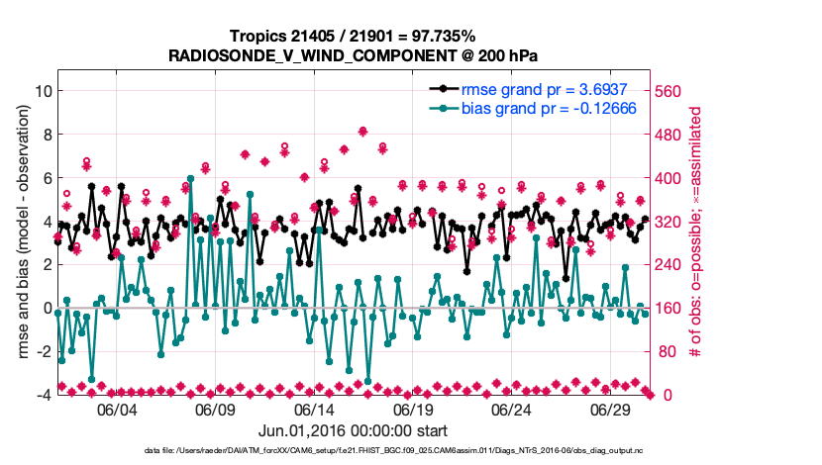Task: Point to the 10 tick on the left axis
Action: point(43,91)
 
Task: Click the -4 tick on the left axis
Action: point(43,395)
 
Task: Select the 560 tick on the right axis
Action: point(672,91)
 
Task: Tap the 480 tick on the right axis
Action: point(672,135)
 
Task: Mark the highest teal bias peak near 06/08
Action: point(190,179)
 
